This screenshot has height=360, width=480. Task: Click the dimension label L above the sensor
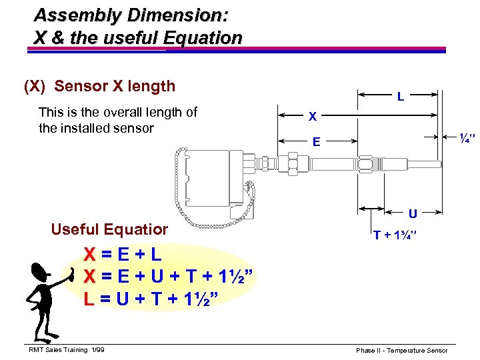400,97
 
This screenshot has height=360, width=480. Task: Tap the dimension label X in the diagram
312,117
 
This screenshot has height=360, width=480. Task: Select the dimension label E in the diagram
317,141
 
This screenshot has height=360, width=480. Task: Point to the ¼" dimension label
466,139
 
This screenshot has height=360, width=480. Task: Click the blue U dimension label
413,214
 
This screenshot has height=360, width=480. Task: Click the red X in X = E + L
89,254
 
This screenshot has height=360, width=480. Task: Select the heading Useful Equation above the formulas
109,229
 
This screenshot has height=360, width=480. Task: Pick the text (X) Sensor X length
100,86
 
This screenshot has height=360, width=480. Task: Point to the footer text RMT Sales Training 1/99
67,350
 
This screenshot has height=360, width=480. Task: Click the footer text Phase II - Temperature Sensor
401,350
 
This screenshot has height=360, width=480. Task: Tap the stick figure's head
40,271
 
